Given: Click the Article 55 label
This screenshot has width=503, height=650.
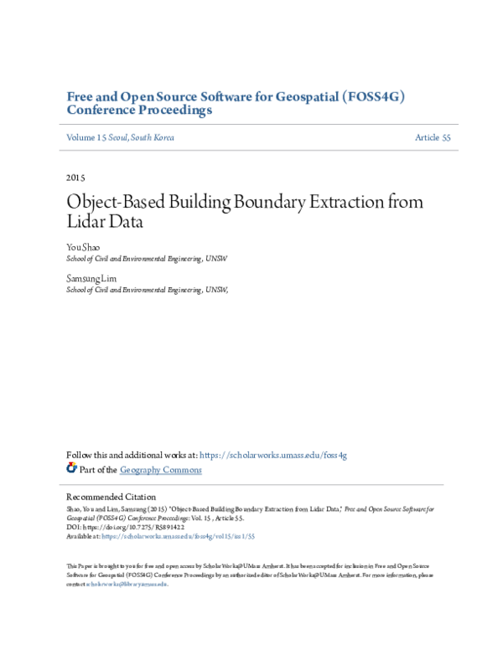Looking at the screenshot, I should tap(433, 137).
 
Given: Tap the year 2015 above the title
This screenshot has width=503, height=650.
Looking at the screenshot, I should tap(75, 178).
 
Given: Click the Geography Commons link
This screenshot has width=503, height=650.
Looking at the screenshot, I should tap(161, 470).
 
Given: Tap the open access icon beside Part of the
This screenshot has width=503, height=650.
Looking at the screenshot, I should tap(71, 469).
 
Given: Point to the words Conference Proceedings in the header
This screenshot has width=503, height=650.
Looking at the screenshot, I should tap(138, 111).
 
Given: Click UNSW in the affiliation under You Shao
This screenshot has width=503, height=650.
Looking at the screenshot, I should tap(216, 260).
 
